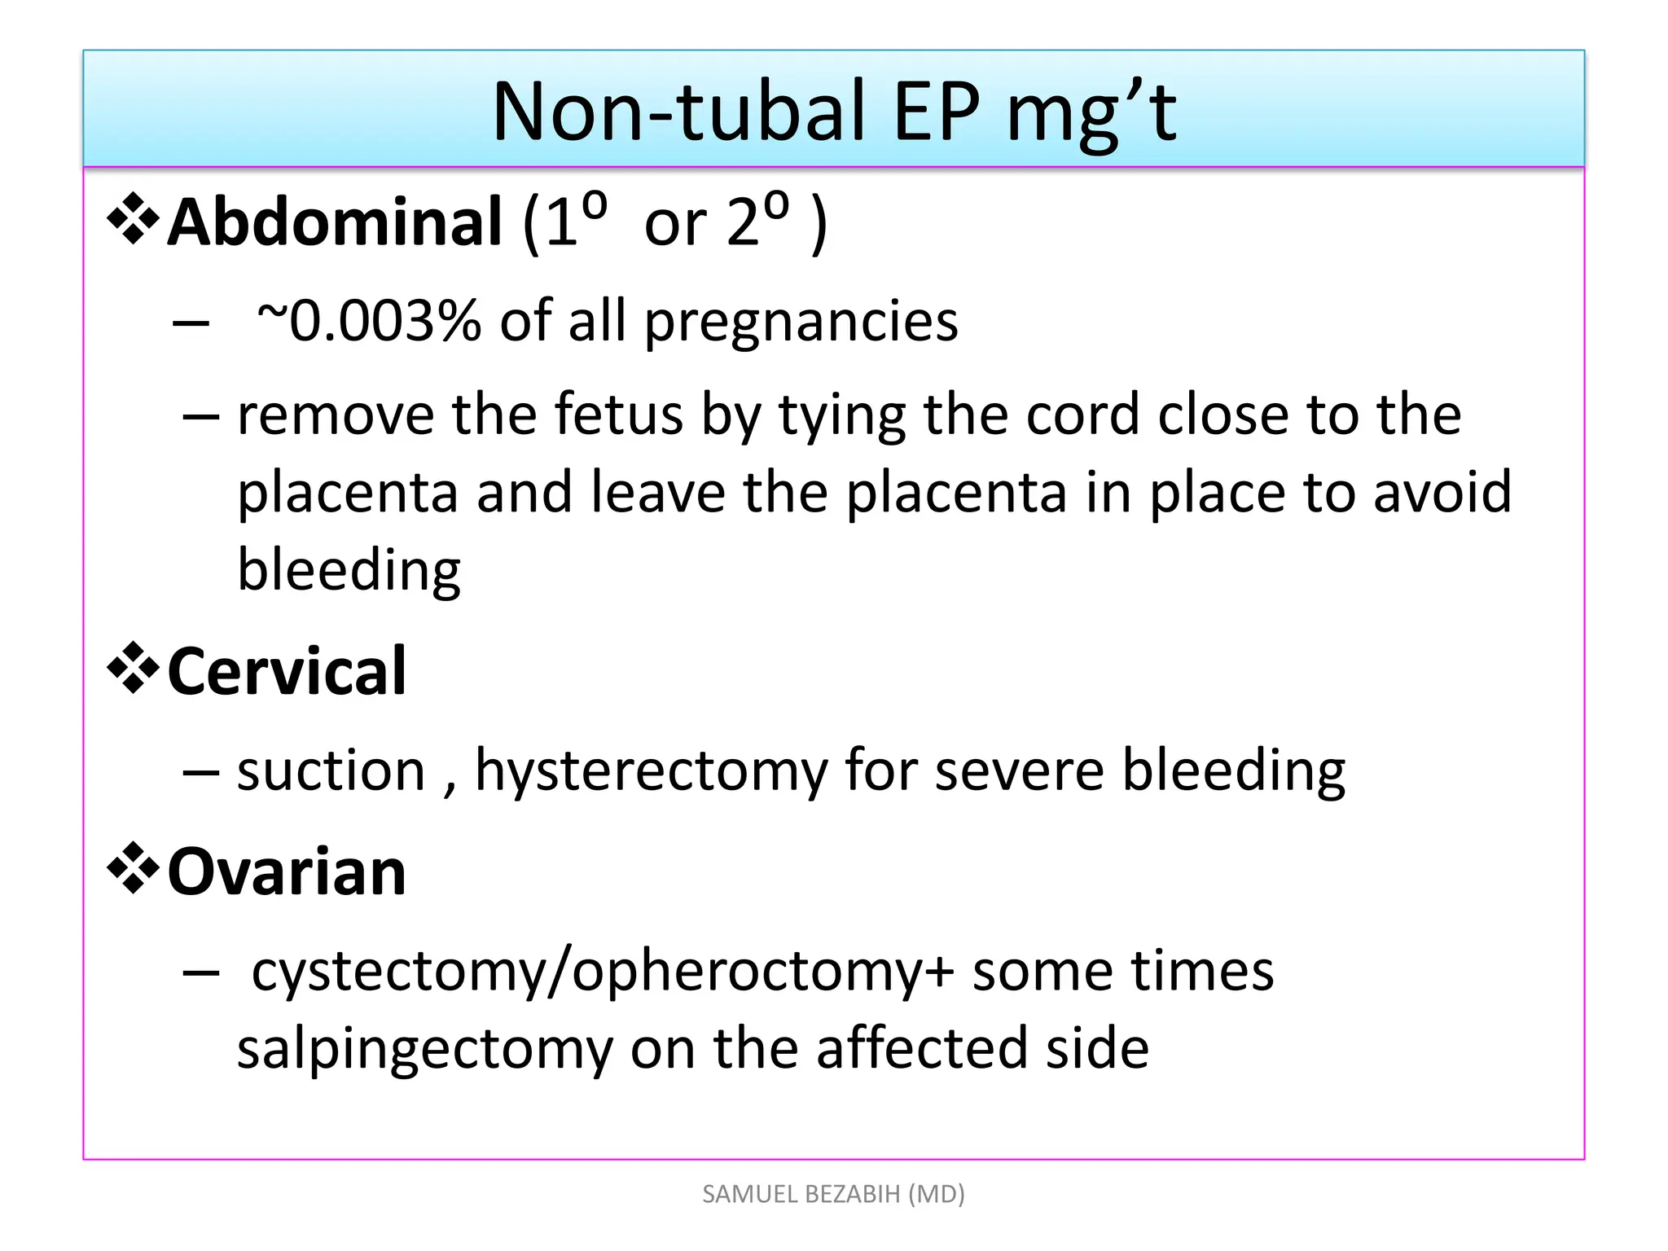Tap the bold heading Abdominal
click(335, 222)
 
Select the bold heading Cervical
click(287, 671)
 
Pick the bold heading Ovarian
click(287, 871)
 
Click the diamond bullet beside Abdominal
click(133, 218)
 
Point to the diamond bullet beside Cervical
click(133, 668)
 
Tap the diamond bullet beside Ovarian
click(133, 868)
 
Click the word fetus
click(618, 415)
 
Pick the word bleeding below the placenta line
click(349, 570)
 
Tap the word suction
click(331, 770)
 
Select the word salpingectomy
click(424, 1050)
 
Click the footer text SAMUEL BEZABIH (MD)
click(833, 1194)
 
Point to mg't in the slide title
click(1091, 114)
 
